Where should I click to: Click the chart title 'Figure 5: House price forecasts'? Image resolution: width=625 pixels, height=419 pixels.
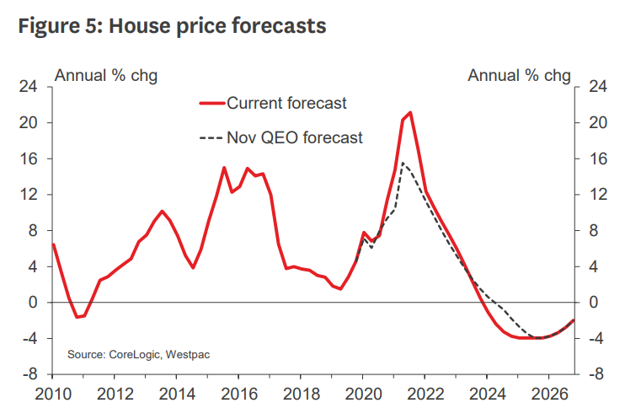(171, 26)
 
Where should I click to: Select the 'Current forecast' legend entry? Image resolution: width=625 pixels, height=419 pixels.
(286, 103)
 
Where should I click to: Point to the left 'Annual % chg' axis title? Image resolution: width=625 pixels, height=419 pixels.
(106, 75)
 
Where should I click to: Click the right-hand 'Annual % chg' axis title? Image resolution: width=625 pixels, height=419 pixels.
(519, 75)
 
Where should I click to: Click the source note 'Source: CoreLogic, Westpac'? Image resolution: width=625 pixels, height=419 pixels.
(139, 354)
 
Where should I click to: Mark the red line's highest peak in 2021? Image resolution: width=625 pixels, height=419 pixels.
(410, 112)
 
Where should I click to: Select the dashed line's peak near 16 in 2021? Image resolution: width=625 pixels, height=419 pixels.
(403, 163)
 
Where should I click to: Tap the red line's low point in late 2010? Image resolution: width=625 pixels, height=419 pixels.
(77, 317)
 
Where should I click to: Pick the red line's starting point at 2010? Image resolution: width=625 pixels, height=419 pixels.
(53, 244)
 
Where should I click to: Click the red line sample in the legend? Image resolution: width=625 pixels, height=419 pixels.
(212, 103)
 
